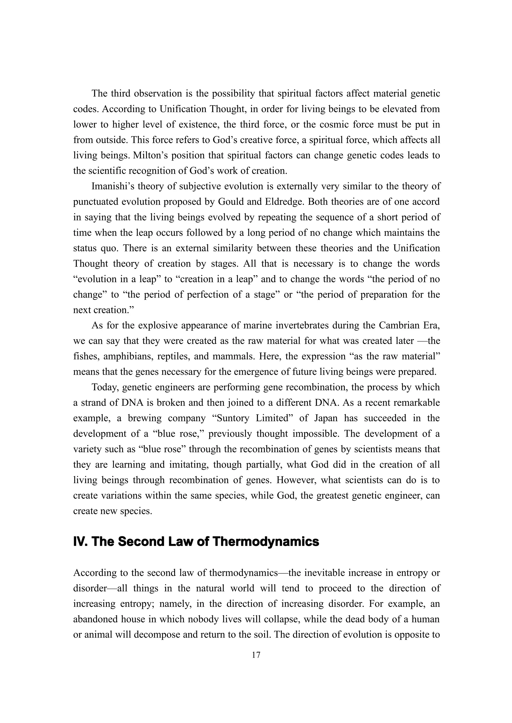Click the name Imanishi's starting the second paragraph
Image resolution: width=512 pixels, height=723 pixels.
pyautogui.click(x=113, y=186)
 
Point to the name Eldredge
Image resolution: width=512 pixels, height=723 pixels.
pyautogui.click(x=286, y=202)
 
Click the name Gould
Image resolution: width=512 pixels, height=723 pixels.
pyautogui.click(x=231, y=202)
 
